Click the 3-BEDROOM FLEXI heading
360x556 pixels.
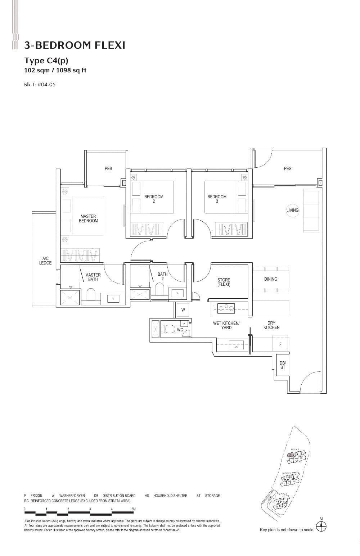[x=75, y=45]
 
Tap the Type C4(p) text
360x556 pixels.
[x=46, y=60]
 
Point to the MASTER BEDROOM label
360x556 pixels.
[x=88, y=218]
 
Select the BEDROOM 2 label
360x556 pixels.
[x=154, y=199]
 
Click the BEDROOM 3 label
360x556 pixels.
[x=217, y=199]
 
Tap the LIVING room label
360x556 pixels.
[x=292, y=210]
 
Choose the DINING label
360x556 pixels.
[x=270, y=279]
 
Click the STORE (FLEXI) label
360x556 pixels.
[x=224, y=282]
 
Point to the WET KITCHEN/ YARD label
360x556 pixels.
[x=226, y=325]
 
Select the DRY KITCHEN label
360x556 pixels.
[x=271, y=325]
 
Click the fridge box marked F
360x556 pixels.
[x=280, y=344]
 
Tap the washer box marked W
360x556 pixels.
[x=183, y=310]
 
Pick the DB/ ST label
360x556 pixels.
[x=283, y=365]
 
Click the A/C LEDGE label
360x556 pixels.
[x=45, y=261]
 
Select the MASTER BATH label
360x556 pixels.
[x=93, y=277]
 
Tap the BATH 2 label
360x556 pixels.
[x=162, y=276]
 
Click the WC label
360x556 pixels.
[x=180, y=330]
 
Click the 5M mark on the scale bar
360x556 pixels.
[x=133, y=509]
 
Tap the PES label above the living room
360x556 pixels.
[x=287, y=168]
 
